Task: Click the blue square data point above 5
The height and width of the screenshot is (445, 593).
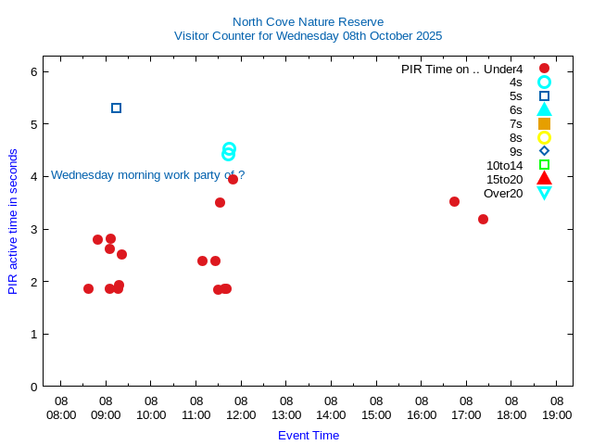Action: click(116, 108)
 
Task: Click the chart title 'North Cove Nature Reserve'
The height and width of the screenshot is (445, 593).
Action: click(308, 21)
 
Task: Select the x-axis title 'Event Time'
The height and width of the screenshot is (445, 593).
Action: click(309, 435)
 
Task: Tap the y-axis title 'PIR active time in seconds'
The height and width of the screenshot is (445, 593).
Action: click(13, 222)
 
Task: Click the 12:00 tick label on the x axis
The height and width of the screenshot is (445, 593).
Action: click(241, 409)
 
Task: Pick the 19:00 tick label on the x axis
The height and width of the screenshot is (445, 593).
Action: click(557, 409)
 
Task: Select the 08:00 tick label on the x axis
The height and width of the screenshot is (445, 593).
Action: click(61, 409)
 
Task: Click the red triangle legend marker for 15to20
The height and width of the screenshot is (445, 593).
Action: click(544, 179)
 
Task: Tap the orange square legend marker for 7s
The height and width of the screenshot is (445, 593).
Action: click(544, 123)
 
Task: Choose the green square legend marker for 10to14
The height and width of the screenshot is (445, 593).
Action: click(544, 165)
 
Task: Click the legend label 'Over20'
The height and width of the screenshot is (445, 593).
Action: click(503, 193)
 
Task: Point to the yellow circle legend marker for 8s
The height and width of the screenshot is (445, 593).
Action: click(544, 137)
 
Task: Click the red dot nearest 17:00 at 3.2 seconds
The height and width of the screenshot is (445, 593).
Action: click(483, 219)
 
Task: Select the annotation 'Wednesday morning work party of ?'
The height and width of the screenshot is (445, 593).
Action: click(148, 175)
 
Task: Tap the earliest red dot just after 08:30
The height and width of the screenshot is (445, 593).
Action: click(88, 288)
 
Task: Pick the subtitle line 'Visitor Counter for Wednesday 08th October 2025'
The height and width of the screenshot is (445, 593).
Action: click(308, 36)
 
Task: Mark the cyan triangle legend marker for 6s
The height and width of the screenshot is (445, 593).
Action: click(544, 109)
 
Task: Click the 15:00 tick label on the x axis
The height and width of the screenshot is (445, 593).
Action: click(376, 409)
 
